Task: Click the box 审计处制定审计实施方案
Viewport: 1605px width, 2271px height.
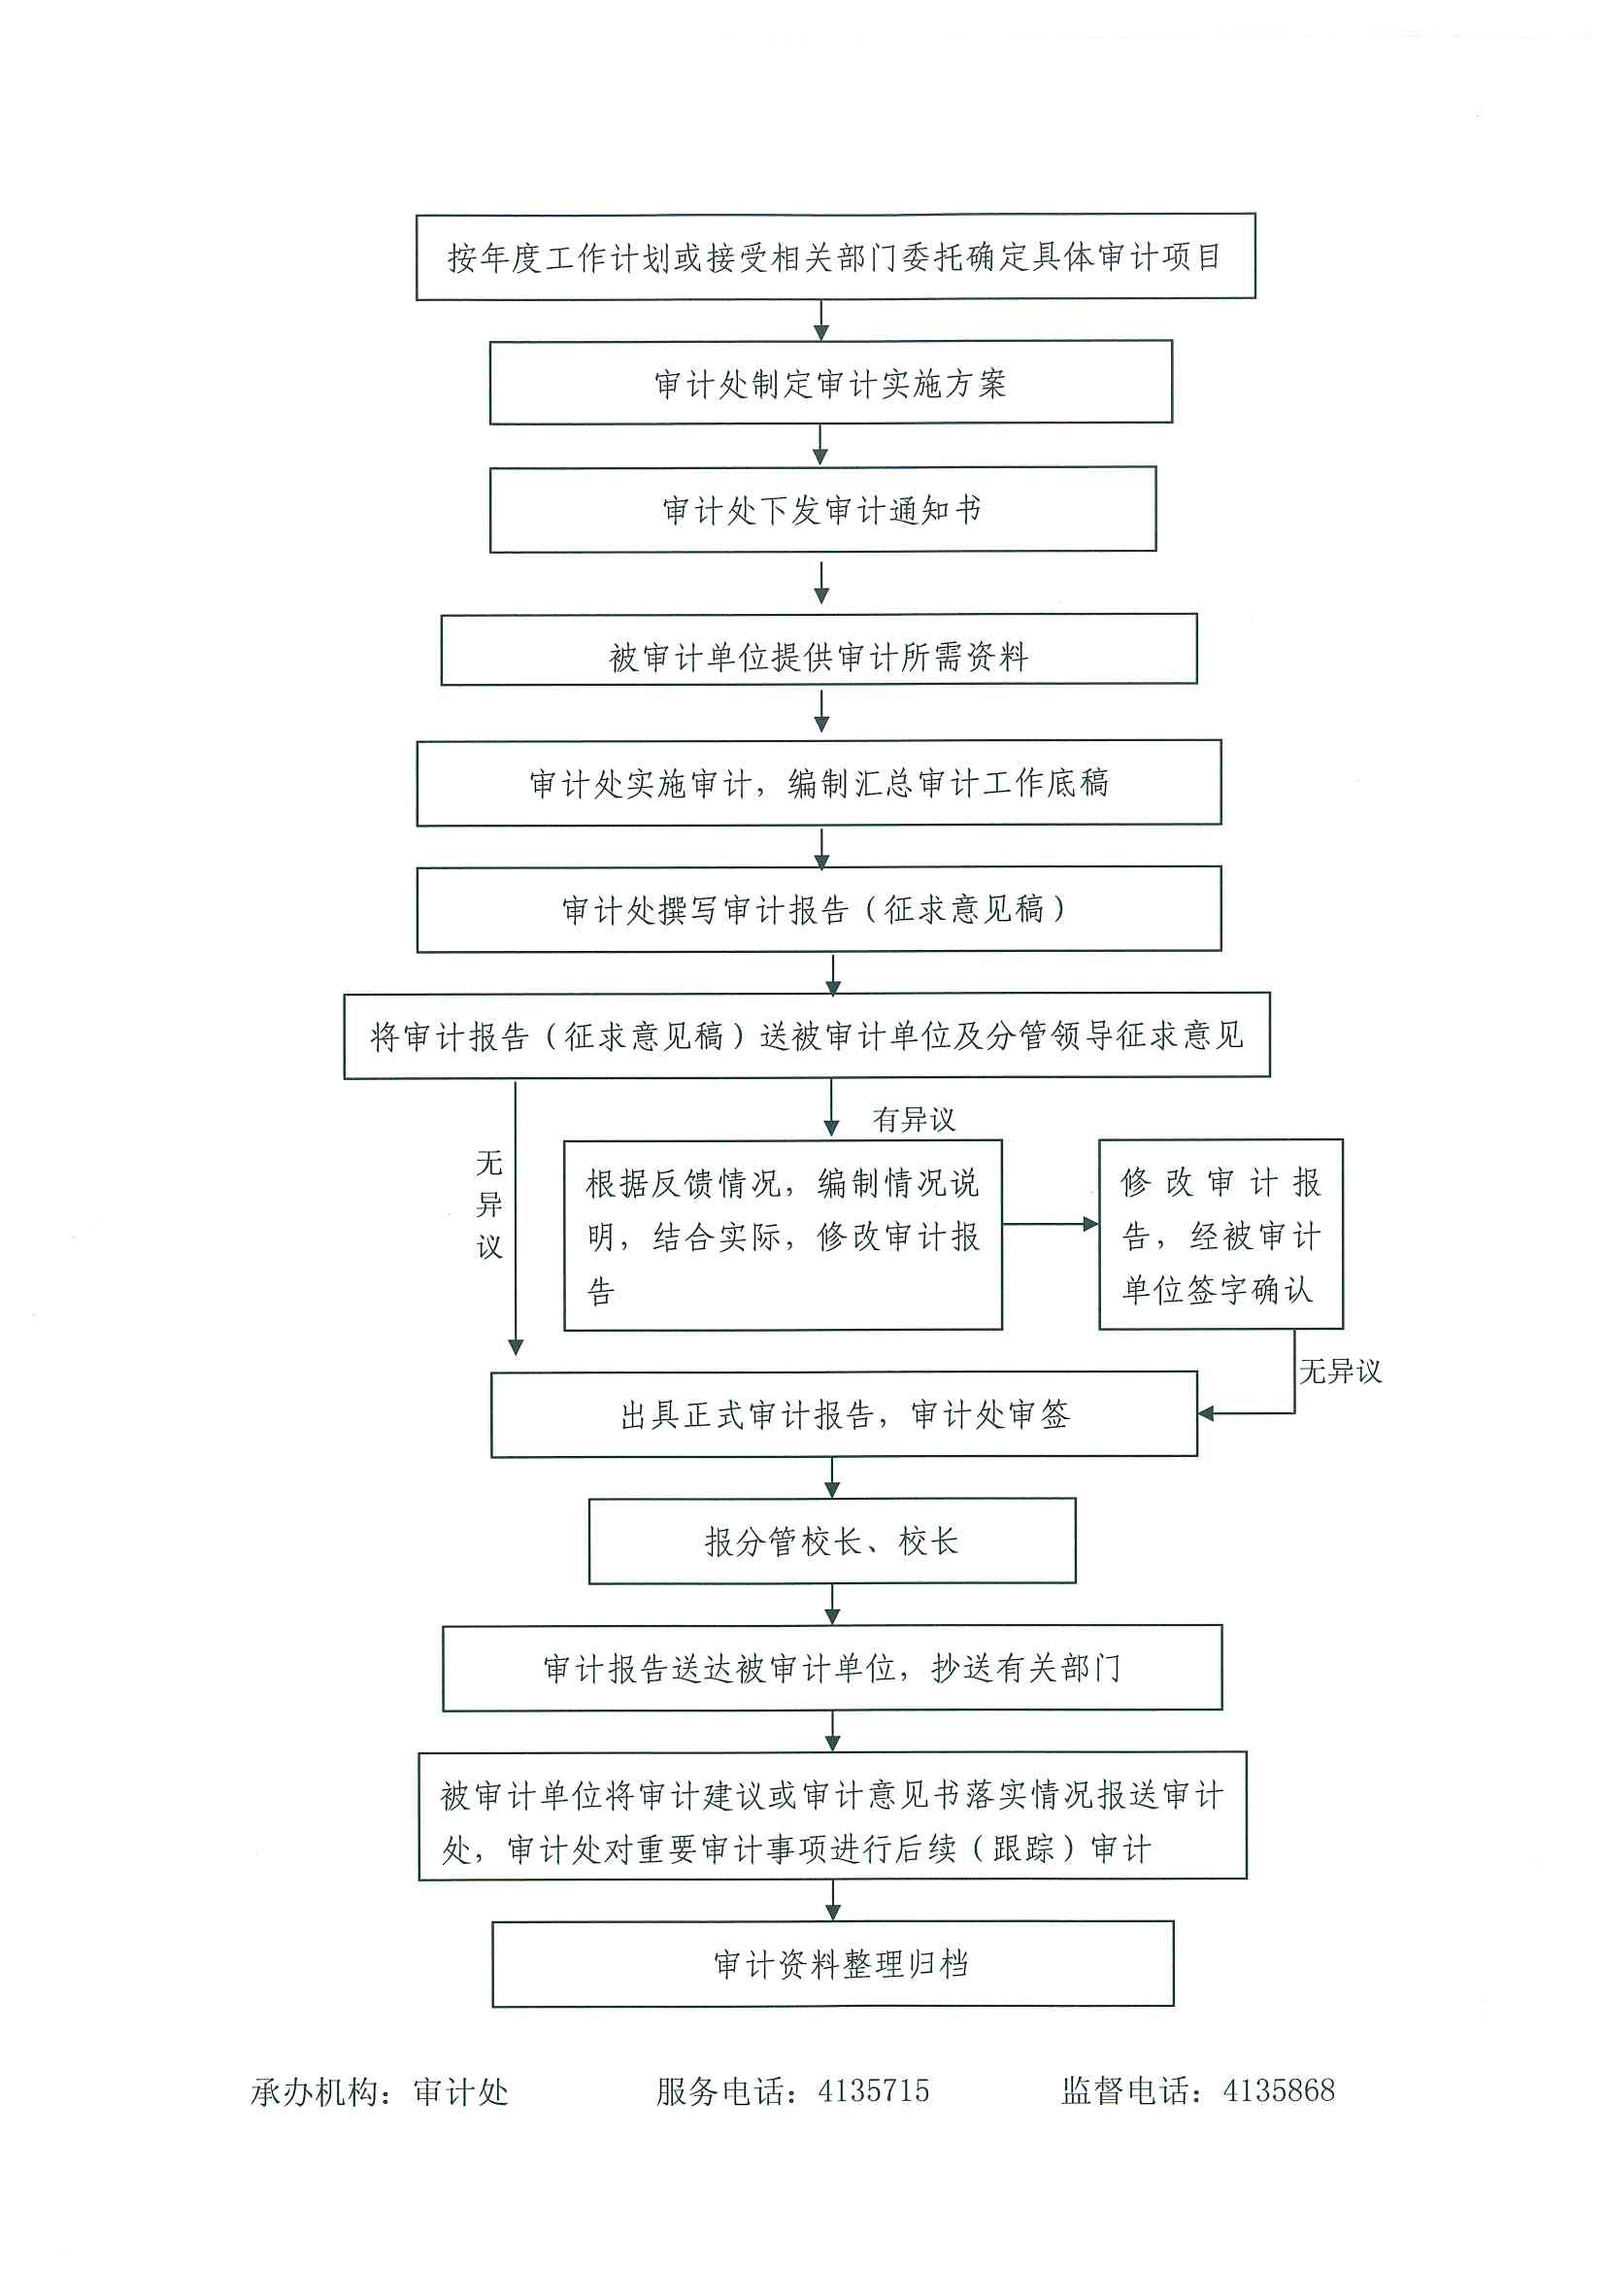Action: click(x=831, y=383)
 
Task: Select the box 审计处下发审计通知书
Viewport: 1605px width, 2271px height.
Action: click(x=822, y=509)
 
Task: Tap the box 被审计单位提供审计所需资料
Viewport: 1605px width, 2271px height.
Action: click(x=819, y=650)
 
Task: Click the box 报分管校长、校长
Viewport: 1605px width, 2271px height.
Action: click(x=832, y=1540)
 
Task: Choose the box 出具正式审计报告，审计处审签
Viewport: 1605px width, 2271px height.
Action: click(x=844, y=1413)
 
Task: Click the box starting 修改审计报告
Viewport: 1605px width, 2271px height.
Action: click(x=1220, y=1234)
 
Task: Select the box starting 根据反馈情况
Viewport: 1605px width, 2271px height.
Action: click(x=783, y=1235)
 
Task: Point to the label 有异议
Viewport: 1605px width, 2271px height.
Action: click(x=913, y=1120)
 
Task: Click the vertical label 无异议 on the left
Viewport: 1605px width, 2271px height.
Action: click(x=489, y=1203)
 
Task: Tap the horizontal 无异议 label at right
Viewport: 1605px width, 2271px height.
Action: click(x=1339, y=1371)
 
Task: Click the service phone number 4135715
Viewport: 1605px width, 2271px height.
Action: click(x=873, y=2091)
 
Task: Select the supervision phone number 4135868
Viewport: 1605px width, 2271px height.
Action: click(x=1279, y=2091)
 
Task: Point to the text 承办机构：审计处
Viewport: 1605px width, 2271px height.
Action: click(x=379, y=2092)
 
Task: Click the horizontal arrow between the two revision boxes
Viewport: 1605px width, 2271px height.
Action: click(x=1051, y=1225)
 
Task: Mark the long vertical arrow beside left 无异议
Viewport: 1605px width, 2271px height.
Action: click(x=516, y=1216)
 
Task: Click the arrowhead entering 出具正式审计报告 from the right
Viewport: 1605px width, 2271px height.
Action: click(x=1207, y=1413)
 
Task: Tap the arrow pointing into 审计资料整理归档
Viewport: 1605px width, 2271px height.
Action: click(x=833, y=1899)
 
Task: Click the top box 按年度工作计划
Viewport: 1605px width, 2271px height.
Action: click(x=835, y=256)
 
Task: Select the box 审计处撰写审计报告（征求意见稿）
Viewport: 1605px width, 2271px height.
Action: click(x=819, y=909)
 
